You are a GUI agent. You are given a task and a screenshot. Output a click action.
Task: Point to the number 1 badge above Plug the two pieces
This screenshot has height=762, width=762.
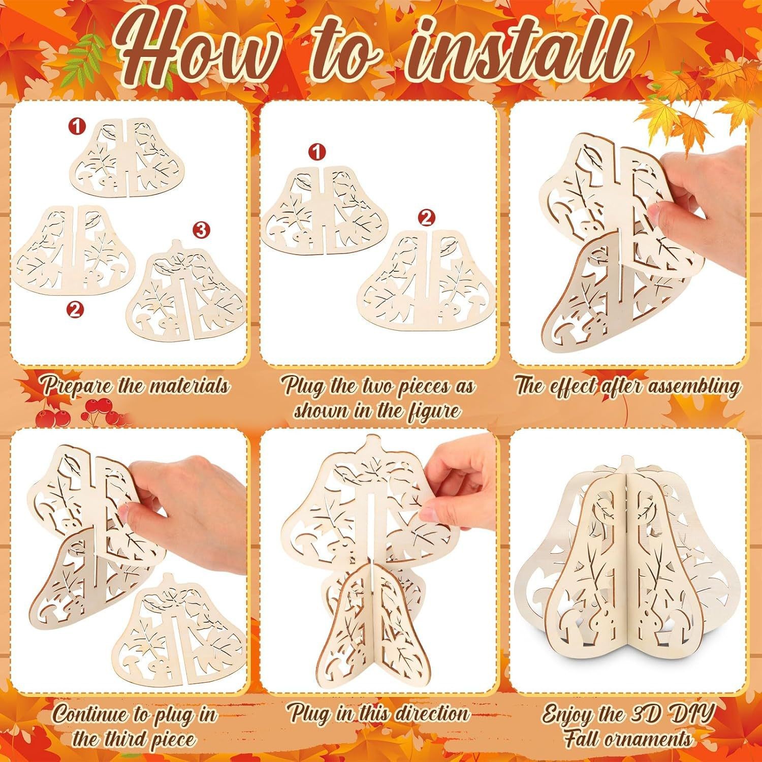click(x=317, y=151)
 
